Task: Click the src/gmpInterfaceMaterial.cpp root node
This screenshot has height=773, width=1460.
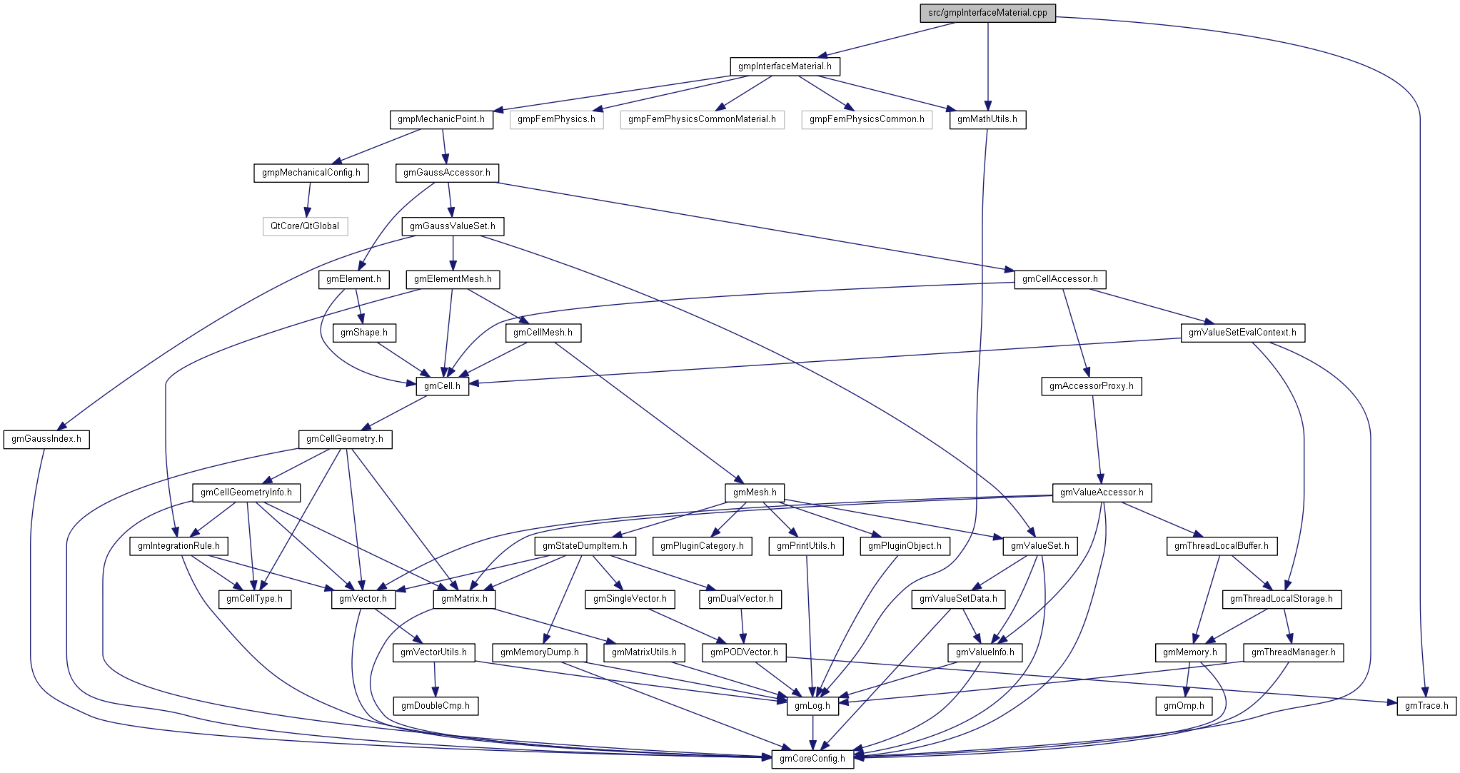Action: [987, 13]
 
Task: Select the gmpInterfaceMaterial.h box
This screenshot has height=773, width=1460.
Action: [785, 66]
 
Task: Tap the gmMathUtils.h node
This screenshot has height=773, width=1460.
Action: [987, 119]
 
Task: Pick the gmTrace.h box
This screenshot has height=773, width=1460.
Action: [1426, 706]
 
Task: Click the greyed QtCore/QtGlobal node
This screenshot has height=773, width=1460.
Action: [305, 226]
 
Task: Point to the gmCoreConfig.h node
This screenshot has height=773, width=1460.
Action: [812, 759]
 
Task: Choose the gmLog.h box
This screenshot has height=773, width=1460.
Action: [812, 706]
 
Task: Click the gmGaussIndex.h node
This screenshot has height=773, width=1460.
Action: [46, 439]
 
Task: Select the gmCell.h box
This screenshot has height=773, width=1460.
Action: [443, 386]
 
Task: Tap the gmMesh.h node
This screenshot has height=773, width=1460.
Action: [755, 492]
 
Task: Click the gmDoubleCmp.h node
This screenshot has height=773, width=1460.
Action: [436, 706]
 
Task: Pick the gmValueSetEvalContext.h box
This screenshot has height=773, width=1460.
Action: [1242, 333]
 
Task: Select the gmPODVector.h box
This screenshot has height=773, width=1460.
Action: [744, 652]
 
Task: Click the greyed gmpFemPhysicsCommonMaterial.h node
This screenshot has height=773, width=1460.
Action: [702, 119]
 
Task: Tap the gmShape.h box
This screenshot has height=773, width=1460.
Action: [364, 333]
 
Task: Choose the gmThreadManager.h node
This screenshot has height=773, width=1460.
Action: [1294, 652]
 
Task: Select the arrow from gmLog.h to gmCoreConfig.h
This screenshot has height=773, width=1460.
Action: [812, 732]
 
